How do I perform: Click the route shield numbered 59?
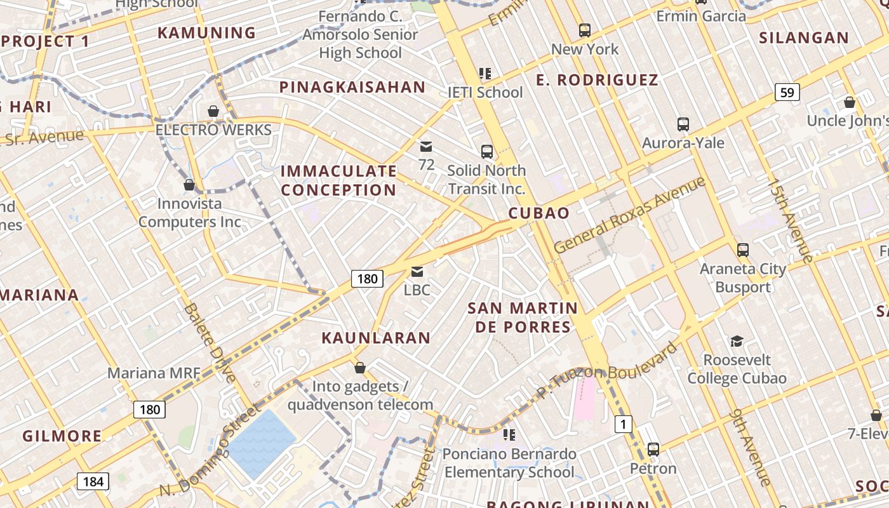point(787,93)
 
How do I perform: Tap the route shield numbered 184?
point(93,481)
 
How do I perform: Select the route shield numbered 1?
point(624,424)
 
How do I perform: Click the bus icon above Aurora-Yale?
point(683,124)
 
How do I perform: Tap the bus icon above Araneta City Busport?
point(743,250)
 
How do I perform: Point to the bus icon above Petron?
point(653,450)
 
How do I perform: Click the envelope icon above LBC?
point(417,272)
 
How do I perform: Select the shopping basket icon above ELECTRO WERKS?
point(213,112)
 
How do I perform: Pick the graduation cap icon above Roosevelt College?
point(737,342)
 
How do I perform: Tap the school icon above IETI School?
point(486,74)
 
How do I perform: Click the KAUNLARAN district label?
point(376,338)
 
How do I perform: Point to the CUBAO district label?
point(539,213)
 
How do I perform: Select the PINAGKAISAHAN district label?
point(352,88)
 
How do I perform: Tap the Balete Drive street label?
point(210,344)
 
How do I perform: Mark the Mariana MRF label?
point(154,373)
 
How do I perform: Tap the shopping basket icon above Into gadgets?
point(360,368)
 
